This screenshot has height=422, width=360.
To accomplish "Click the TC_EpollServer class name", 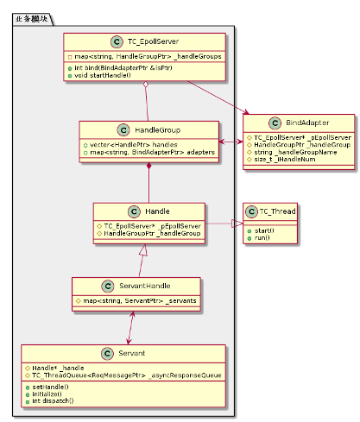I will (153, 42).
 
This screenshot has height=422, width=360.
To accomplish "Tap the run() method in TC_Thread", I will (262, 237).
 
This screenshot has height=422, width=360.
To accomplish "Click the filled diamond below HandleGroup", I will (150, 166).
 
